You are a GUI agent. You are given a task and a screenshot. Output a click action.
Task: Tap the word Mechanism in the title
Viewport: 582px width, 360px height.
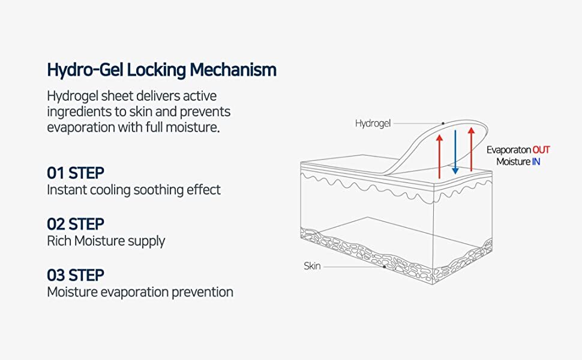[x=233, y=70]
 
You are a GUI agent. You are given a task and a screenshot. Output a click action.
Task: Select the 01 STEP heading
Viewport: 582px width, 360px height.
[x=76, y=173]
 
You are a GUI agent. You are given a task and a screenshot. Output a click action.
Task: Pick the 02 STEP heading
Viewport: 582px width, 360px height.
[x=76, y=224]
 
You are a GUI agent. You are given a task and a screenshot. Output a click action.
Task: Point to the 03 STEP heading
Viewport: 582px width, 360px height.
[x=76, y=275]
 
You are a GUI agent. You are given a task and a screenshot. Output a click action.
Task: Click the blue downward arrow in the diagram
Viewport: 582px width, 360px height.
[x=455, y=150]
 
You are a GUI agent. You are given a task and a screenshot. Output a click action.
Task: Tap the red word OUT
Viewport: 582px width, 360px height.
[x=541, y=150]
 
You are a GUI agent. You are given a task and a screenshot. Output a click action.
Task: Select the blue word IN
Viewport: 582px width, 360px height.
[x=536, y=161]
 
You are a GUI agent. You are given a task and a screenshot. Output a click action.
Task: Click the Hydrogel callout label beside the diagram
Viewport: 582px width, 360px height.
[x=373, y=124]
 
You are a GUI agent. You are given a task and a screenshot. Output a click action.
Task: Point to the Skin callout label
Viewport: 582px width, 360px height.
[x=312, y=266]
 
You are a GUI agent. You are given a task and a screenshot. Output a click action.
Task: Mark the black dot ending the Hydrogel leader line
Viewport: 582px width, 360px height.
[x=443, y=124]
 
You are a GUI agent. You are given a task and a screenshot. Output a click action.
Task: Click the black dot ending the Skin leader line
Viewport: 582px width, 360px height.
[x=384, y=266]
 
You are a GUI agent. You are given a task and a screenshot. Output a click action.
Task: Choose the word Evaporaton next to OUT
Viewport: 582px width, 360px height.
[x=508, y=150]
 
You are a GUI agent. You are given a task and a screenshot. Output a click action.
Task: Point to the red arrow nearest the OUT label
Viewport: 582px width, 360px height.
[x=472, y=150]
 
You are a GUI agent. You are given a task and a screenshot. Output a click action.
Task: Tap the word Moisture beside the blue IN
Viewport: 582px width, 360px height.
[x=513, y=161]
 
